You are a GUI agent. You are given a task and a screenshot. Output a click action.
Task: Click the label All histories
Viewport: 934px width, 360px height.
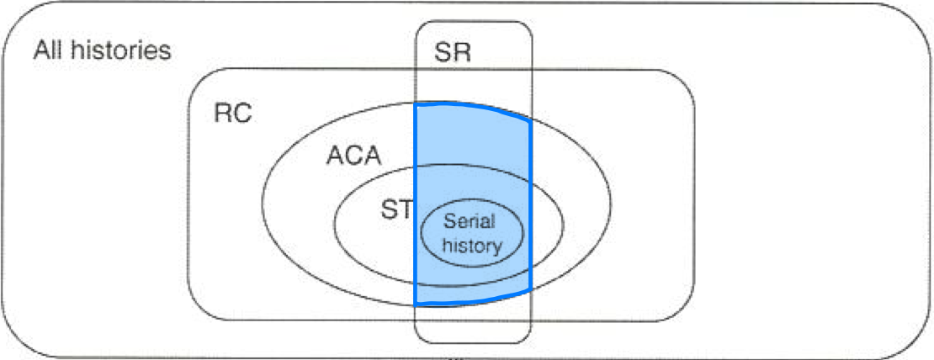[102, 50]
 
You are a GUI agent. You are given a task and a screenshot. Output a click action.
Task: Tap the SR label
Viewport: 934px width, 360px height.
[453, 53]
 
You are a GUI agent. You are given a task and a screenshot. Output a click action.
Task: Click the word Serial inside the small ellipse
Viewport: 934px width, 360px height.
[470, 223]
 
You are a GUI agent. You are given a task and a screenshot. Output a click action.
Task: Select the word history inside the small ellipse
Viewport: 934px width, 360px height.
[473, 246]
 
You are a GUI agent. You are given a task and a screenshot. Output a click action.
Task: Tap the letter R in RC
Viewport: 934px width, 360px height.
[223, 114]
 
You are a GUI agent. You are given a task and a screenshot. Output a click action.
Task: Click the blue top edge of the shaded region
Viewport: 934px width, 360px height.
[471, 107]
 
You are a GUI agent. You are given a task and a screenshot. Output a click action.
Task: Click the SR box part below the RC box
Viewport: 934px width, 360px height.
[473, 331]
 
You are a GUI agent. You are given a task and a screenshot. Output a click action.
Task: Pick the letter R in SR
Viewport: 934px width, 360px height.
[463, 53]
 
